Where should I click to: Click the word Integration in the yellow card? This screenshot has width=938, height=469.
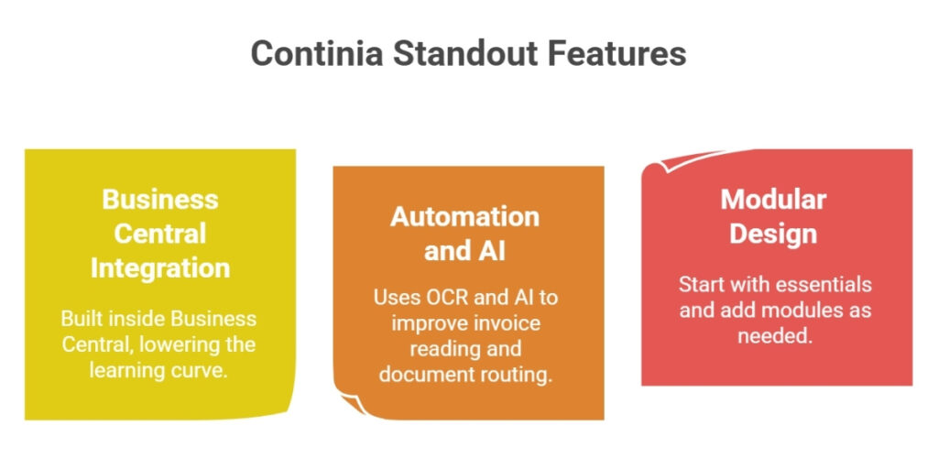[160, 267]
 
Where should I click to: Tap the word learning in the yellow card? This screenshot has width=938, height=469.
[130, 370]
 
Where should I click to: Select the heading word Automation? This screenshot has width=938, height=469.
[465, 216]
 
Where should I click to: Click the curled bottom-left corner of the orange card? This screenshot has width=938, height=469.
[346, 404]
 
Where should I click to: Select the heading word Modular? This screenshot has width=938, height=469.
[773, 199]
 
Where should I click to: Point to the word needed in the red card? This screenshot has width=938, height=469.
[772, 335]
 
